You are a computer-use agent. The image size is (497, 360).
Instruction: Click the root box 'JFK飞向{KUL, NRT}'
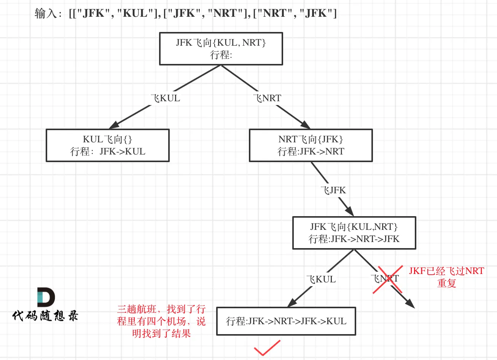pyautogui.click(x=221, y=49)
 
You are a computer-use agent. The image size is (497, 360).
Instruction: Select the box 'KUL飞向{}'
pyautogui.click(x=108, y=145)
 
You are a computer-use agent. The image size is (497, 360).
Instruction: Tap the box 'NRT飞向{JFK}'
pyautogui.click(x=311, y=145)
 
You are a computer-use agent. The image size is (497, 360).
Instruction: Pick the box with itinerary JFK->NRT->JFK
pyautogui.click(x=354, y=233)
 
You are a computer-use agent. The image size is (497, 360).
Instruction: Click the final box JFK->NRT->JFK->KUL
pyautogui.click(x=286, y=321)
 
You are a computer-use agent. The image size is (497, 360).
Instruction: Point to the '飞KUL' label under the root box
pyautogui.click(x=166, y=98)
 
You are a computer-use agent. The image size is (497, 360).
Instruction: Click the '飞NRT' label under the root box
pyautogui.click(x=268, y=98)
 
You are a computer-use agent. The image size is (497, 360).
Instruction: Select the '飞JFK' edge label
pyautogui.click(x=334, y=190)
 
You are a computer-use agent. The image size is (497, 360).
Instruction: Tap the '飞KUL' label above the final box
pyautogui.click(x=322, y=279)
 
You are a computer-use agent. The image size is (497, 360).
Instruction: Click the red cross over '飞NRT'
pyautogui.click(x=387, y=280)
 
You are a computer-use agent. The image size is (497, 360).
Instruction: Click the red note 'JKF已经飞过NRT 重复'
pyautogui.click(x=446, y=277)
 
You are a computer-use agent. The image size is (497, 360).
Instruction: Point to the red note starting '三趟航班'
pyautogui.click(x=161, y=321)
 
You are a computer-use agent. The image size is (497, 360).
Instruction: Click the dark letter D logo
pyautogui.click(x=46, y=297)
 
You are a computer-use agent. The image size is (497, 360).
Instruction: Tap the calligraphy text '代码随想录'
pyautogui.click(x=45, y=316)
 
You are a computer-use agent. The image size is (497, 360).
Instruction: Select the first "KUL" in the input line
pyautogui.click(x=135, y=13)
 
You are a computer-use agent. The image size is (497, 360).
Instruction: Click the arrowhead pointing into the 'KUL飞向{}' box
pyautogui.click(x=113, y=126)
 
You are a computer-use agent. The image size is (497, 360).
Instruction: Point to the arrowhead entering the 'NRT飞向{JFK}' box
pyautogui.click(x=306, y=125)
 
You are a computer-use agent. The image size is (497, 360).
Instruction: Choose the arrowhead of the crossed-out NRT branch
pyautogui.click(x=410, y=304)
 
